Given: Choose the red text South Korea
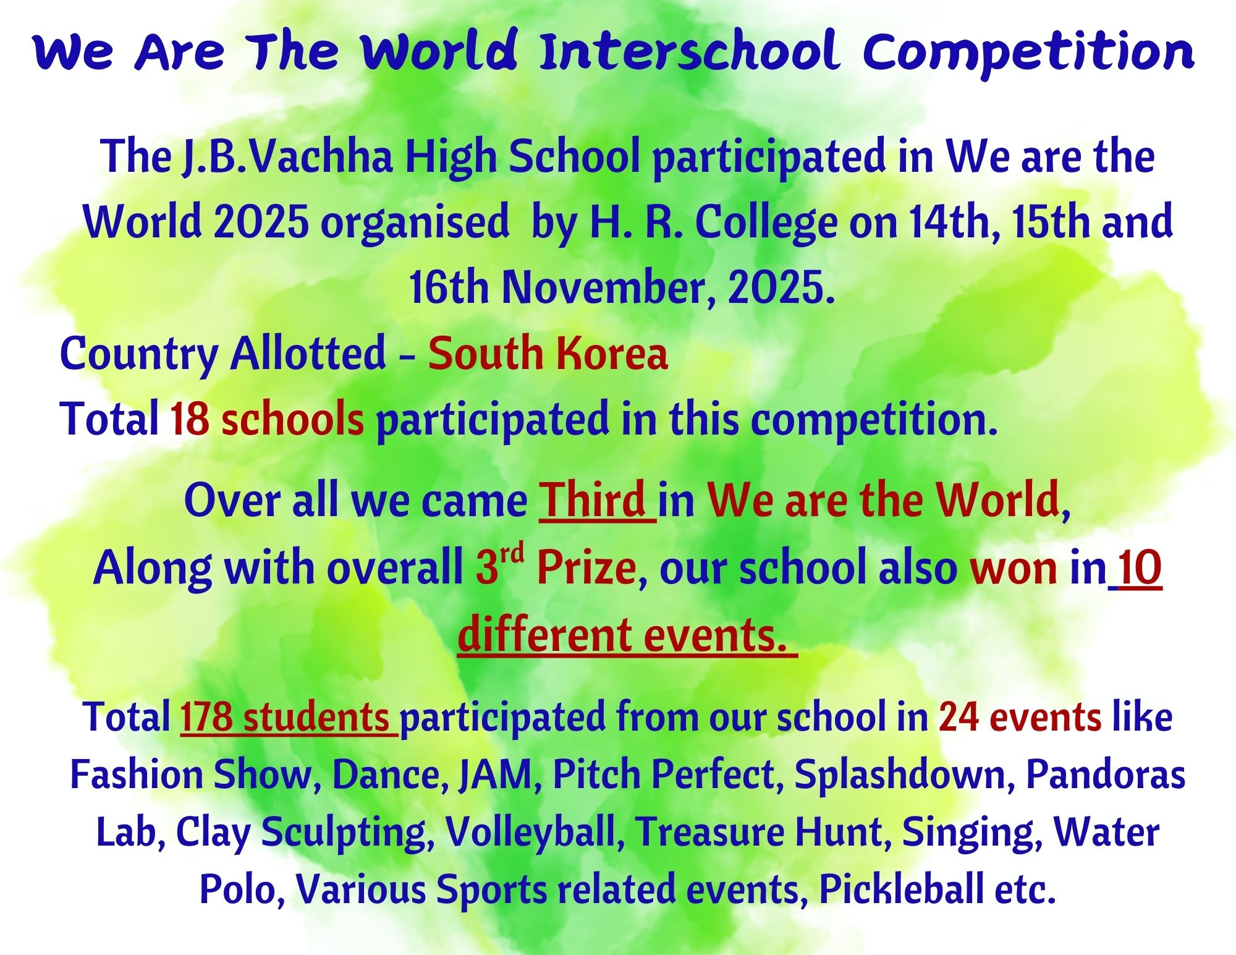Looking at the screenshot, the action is (x=548, y=354).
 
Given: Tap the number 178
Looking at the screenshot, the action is (x=206, y=717).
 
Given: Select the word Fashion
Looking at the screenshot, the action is (x=137, y=775).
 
